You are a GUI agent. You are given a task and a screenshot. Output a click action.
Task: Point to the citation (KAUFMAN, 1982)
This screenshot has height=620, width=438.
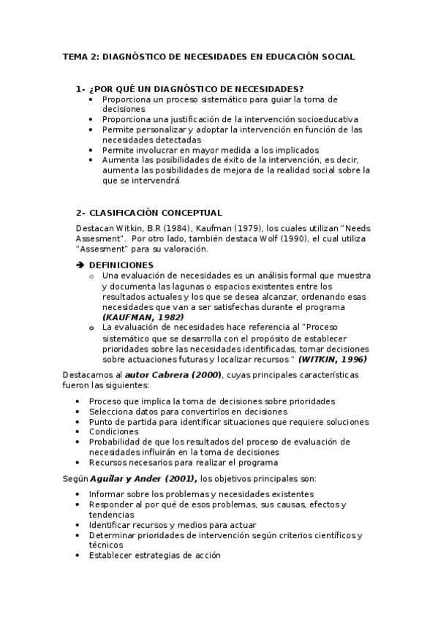(x=143, y=317)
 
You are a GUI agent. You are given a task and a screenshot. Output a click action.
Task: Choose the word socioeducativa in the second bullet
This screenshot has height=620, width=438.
(x=328, y=118)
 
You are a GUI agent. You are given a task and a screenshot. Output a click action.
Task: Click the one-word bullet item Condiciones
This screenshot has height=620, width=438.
(x=113, y=431)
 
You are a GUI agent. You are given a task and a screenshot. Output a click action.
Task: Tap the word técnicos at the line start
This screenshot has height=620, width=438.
(x=106, y=545)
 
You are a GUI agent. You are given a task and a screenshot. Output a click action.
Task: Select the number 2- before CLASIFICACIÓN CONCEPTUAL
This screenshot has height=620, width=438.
(x=80, y=213)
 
